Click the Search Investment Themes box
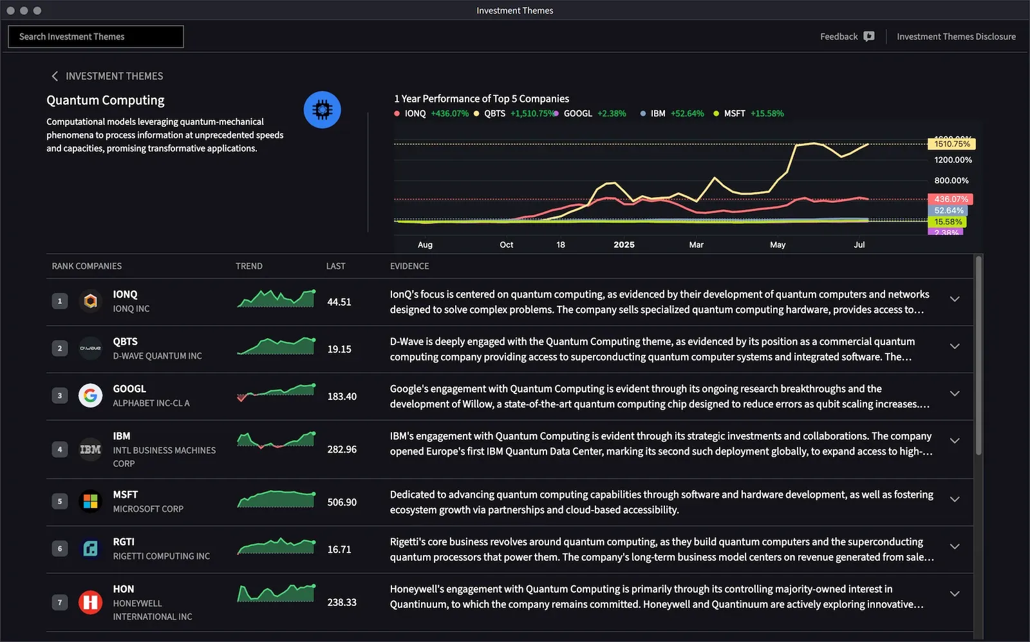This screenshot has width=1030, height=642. point(95,37)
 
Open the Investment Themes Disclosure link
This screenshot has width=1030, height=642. point(956,37)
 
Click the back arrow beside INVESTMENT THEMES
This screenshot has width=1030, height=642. point(55,76)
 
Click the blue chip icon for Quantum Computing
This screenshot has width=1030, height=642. point(322,110)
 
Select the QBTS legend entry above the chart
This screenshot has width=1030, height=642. point(494,114)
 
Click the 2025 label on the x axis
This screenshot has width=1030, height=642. point(624,245)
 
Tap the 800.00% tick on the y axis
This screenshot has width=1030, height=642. point(951,181)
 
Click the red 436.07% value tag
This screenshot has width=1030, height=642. point(950,200)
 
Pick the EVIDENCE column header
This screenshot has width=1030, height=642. point(409,266)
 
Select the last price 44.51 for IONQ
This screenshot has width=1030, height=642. point(339,302)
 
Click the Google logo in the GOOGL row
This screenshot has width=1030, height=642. point(91,395)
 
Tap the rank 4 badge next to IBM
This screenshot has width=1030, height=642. point(60,449)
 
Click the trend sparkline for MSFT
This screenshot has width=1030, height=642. point(276,500)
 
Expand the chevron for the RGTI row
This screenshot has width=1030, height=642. point(955,547)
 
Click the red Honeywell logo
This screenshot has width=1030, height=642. point(91,603)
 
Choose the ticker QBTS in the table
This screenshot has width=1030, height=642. point(126,342)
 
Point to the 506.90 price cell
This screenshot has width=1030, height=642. point(342,502)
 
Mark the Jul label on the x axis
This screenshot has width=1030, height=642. point(859,245)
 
